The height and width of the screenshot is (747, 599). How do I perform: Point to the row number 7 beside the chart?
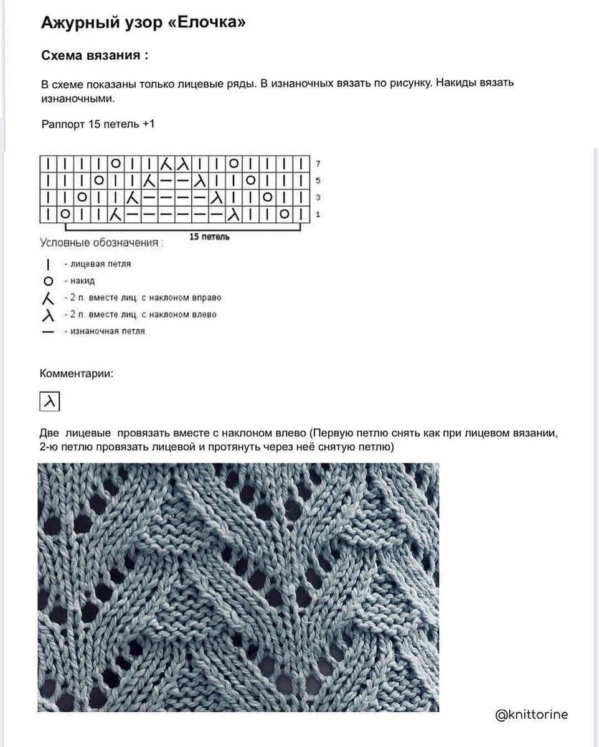(318, 164)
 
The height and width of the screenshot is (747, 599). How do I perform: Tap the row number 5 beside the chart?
(318, 181)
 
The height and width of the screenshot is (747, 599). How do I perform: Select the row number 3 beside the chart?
(318, 198)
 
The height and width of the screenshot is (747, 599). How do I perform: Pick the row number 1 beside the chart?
(318, 215)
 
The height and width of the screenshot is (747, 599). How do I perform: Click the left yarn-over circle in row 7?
(115, 164)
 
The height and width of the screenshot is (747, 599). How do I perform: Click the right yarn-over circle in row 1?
(284, 215)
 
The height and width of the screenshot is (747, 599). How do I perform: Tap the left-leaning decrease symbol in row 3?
(216, 199)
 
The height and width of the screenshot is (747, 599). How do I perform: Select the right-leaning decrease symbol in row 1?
(115, 215)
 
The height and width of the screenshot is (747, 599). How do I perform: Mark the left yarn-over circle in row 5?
(98, 181)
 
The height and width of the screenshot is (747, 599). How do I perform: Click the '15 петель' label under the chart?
(209, 237)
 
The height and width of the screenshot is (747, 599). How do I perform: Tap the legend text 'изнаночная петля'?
(103, 331)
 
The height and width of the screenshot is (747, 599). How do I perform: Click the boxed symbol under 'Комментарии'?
(49, 402)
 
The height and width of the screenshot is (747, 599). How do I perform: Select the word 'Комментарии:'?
(77, 374)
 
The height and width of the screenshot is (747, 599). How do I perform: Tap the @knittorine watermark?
(531, 715)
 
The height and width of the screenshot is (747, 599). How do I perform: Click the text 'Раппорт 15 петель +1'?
(97, 124)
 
